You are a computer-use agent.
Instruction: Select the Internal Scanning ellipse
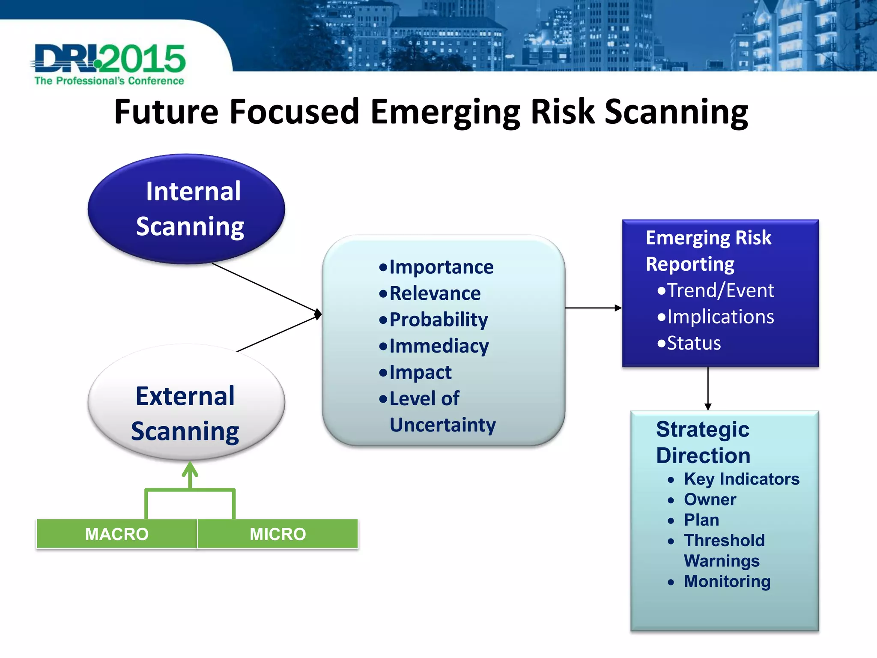[x=186, y=209]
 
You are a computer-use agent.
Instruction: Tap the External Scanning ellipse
[x=186, y=403]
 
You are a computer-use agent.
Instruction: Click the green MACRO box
[x=116, y=534]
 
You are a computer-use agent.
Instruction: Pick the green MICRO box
[x=277, y=534]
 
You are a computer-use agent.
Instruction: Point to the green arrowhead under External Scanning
[x=190, y=470]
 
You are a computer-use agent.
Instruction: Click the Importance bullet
[x=441, y=267]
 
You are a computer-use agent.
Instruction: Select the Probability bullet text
[x=438, y=320]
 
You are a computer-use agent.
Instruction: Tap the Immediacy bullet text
[x=438, y=346]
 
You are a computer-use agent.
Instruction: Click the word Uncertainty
[x=442, y=425]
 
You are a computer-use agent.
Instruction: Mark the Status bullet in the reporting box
[x=694, y=343]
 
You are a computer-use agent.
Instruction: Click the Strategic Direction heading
[x=703, y=442]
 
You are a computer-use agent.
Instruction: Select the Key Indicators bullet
[x=741, y=479]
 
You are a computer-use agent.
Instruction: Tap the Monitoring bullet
[x=727, y=581]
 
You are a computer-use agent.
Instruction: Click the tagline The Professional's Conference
[x=109, y=81]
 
